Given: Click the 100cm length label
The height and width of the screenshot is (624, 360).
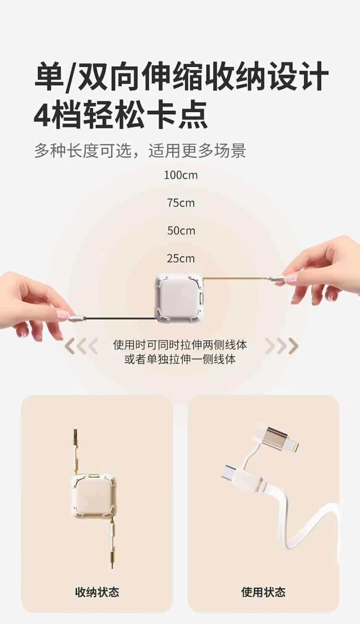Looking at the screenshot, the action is (x=181, y=175).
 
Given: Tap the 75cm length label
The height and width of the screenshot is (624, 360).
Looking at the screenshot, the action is (x=181, y=203).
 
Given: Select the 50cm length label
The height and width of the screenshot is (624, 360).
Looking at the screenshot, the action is (x=181, y=231).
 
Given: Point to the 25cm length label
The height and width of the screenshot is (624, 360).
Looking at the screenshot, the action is (x=181, y=259).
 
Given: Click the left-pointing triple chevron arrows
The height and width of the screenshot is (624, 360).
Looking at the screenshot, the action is (x=81, y=346).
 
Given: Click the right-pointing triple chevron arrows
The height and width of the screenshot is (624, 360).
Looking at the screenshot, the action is (x=281, y=346).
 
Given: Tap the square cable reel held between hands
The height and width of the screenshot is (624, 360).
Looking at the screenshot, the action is (x=179, y=298).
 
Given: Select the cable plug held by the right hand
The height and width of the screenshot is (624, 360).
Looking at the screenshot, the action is (x=278, y=278).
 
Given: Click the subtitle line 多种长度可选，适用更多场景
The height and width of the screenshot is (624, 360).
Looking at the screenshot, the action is (x=140, y=151).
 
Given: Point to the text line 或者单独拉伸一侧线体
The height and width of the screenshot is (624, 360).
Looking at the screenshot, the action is (x=180, y=360).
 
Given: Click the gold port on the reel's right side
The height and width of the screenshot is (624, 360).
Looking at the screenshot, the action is (x=202, y=298).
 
